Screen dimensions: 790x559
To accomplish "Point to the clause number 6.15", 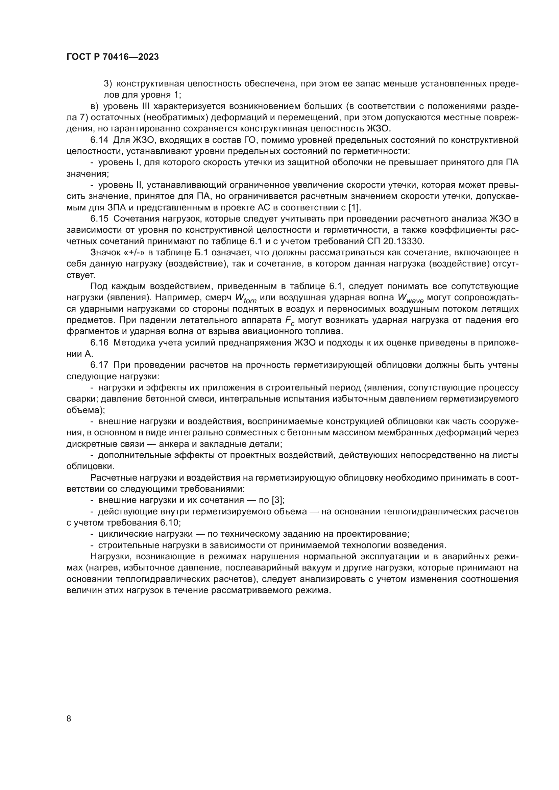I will (x=99, y=219).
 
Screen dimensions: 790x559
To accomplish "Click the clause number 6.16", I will (x=99, y=343).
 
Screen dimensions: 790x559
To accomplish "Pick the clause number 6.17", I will (x=99, y=365).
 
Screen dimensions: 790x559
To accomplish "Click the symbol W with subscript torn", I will (x=245, y=298).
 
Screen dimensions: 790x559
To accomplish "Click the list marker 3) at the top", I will (x=108, y=84).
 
